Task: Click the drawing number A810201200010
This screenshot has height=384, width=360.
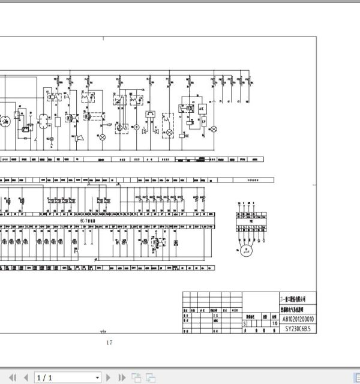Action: pos(294,320)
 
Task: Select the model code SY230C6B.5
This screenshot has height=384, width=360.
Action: pos(294,329)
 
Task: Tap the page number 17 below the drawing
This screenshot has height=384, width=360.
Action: pos(109,343)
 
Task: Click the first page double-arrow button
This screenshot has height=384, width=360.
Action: pos(10,377)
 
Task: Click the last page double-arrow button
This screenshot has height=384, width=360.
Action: pos(123,377)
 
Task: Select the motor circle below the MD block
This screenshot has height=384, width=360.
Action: pos(245,252)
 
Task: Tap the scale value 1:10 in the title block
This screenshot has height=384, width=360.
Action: pos(274,323)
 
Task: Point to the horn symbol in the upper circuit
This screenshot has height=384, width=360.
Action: pos(77,138)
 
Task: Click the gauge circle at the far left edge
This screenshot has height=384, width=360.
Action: pos(4,119)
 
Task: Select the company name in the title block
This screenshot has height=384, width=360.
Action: pos(294,298)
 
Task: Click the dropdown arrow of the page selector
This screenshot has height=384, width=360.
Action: pos(98,377)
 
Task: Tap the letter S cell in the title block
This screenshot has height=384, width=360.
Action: pos(245,323)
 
